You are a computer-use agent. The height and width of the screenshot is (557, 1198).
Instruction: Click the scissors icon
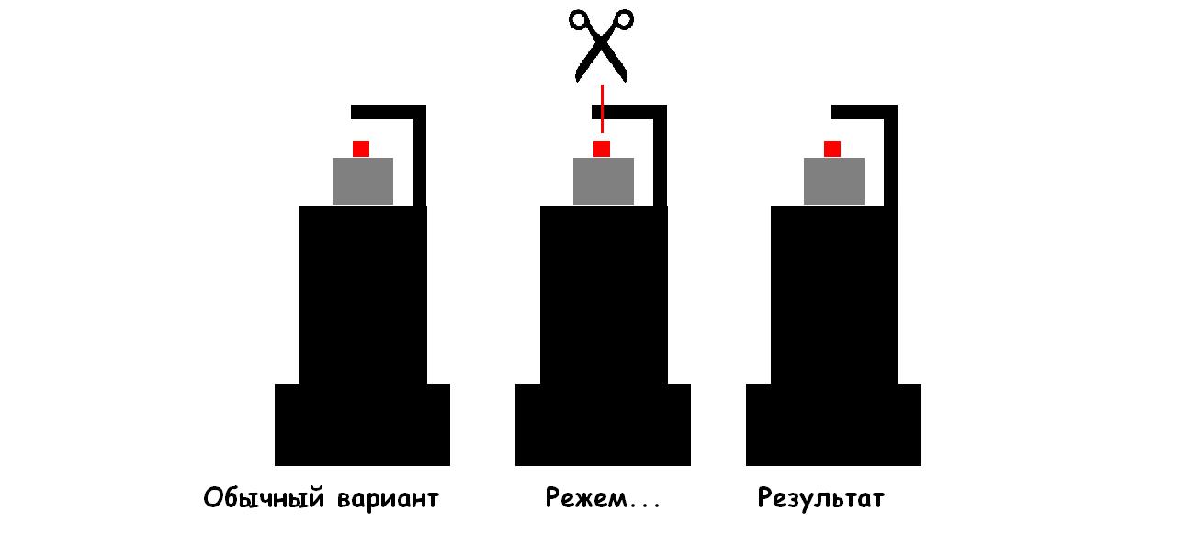[x=601, y=45]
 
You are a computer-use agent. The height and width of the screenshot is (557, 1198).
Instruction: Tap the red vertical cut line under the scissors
[x=602, y=108]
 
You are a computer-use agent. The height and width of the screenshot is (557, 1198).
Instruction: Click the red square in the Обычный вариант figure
[x=361, y=149]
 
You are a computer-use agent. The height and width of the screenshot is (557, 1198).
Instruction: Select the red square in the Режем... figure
[x=602, y=149]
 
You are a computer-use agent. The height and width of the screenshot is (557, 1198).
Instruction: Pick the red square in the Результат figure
[x=832, y=149]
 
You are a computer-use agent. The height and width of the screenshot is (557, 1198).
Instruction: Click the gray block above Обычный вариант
[x=363, y=181]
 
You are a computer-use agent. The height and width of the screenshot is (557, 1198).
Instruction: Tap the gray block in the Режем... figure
[x=604, y=181]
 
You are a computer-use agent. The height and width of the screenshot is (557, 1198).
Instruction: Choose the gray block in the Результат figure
[x=834, y=181]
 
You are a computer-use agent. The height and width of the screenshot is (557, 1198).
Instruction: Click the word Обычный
[x=264, y=498]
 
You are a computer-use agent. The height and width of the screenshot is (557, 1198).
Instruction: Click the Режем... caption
[x=602, y=498]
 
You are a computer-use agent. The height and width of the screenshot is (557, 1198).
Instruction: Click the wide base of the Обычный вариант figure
[x=362, y=425]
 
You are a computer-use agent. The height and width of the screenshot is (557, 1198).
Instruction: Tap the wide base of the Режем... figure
[x=603, y=425]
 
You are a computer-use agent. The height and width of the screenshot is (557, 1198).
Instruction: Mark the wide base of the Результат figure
[x=833, y=425]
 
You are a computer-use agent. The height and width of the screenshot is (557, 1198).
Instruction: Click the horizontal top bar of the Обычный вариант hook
[x=389, y=112]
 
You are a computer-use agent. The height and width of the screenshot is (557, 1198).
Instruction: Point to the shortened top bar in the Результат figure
[x=865, y=112]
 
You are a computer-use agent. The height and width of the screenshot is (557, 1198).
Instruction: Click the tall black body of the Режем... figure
[x=604, y=295]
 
